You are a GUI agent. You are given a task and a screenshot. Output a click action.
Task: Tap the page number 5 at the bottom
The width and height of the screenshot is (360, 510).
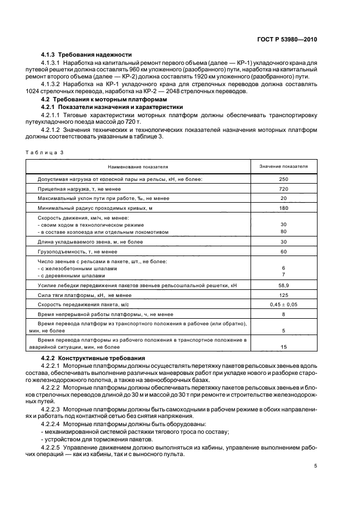click(315, 466)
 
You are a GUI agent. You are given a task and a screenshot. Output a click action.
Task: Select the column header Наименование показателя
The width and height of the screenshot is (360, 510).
click(138, 166)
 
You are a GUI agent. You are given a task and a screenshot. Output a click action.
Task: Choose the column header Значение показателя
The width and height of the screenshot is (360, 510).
click(283, 166)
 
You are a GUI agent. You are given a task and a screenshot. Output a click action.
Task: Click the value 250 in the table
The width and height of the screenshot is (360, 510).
click(283, 179)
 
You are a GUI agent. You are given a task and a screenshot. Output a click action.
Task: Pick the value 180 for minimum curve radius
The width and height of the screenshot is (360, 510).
click(283, 208)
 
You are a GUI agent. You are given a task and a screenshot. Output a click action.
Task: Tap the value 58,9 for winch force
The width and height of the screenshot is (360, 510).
click(283, 285)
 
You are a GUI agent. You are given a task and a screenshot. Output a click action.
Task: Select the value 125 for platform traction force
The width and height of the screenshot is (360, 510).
click(283, 295)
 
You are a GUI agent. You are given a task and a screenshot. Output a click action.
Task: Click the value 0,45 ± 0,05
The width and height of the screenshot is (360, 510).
click(283, 305)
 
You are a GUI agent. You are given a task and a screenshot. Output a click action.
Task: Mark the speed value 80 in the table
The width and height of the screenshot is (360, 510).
click(283, 231)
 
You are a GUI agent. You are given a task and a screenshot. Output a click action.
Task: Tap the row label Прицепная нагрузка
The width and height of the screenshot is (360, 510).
click(72, 189)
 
